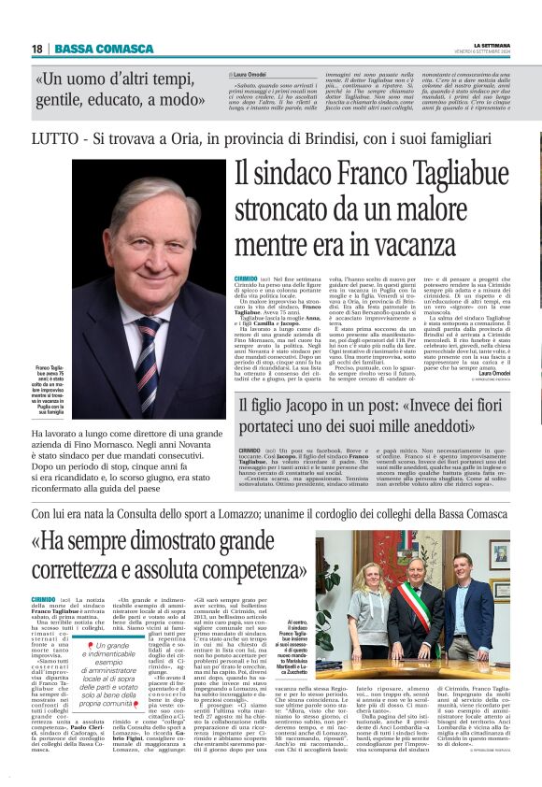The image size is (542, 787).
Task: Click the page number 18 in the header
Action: (36, 49)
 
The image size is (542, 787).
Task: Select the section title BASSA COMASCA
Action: (92, 49)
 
